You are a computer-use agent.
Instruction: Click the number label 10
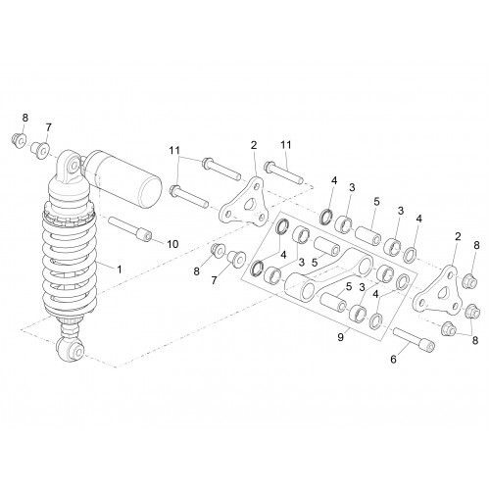[x=173, y=244]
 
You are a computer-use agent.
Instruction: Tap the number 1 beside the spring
[x=120, y=269]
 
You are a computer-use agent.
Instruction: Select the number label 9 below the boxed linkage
[x=341, y=337]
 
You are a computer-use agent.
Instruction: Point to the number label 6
[x=393, y=360]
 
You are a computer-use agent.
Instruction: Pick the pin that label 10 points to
[x=129, y=228]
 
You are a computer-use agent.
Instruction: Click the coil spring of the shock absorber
[x=70, y=262]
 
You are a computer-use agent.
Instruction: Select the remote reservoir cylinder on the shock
[x=123, y=179]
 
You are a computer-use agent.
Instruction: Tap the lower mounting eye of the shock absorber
[x=71, y=350]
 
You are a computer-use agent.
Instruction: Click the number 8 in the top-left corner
[x=25, y=118]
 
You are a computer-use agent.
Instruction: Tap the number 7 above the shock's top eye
[x=48, y=127]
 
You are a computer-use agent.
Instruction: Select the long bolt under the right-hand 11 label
[x=283, y=172]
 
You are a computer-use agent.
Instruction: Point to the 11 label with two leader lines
[x=174, y=150]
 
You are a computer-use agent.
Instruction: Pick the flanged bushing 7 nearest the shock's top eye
[x=39, y=151]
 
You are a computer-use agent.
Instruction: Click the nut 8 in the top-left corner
[x=18, y=140]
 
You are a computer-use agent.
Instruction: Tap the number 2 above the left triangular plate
[x=254, y=145]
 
